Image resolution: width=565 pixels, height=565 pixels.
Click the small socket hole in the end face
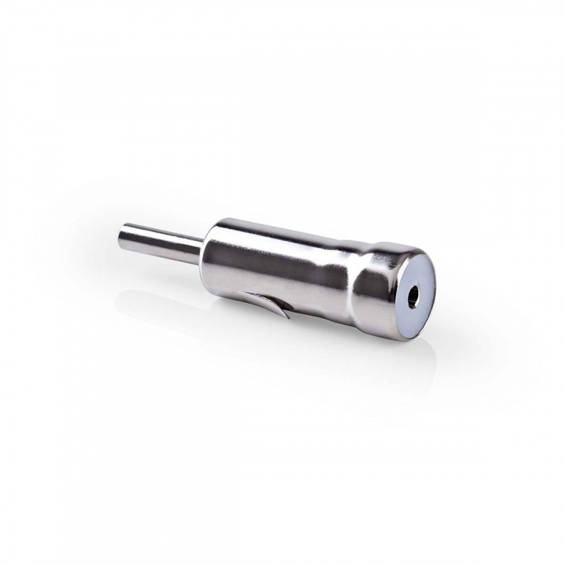point(414,296)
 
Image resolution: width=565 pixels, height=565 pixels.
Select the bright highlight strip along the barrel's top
point(286,229)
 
